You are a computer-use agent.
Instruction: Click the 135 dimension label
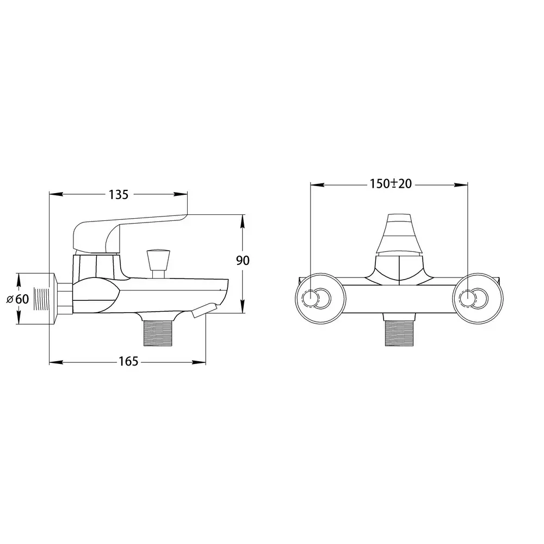(x=119, y=195)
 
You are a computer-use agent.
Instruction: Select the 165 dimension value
(x=128, y=362)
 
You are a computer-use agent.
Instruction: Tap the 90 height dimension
(x=243, y=260)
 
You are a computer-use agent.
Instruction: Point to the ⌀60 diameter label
(x=18, y=299)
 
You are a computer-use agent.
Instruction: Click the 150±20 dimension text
(x=391, y=183)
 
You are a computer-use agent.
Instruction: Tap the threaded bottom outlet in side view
(x=158, y=333)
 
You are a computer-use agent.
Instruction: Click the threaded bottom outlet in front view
(x=399, y=333)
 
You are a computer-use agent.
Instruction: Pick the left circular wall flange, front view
(x=320, y=299)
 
